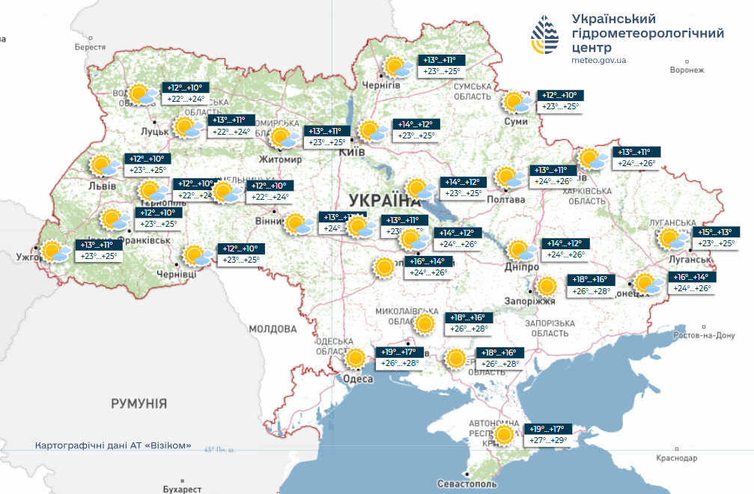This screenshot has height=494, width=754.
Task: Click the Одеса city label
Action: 358,379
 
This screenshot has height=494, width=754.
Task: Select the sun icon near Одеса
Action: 355,359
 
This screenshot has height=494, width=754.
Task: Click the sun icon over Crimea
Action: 505,435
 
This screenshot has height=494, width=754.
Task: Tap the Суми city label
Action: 516,121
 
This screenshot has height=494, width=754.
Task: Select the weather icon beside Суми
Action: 515,102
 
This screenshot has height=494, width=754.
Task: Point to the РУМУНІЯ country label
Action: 139,403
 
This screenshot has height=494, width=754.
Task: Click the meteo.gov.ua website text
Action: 598,60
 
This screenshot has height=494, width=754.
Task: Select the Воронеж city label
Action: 687,70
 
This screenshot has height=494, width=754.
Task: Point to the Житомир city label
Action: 282,159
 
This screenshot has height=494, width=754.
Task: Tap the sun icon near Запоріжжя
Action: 547,286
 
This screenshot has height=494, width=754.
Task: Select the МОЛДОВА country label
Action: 273,329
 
